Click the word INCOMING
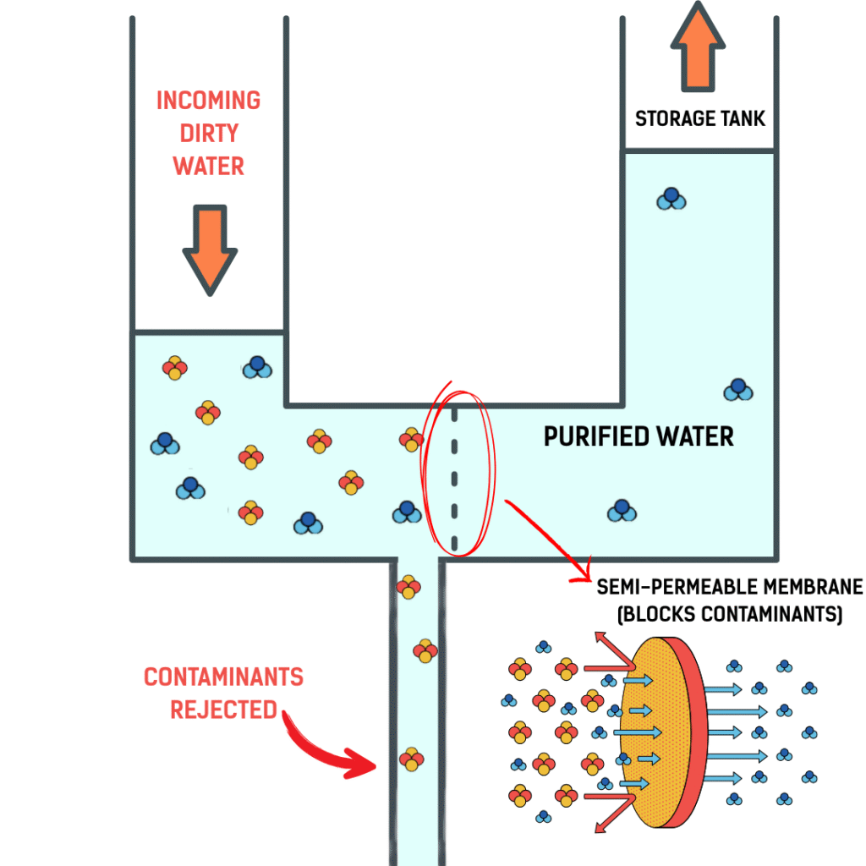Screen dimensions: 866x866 point(208,101)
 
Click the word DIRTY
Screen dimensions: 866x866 point(208,134)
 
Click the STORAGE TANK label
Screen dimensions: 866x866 point(699,118)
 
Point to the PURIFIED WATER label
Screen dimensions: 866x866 point(639,436)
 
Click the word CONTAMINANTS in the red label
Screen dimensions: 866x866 point(223,677)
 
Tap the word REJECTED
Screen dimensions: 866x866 point(223,709)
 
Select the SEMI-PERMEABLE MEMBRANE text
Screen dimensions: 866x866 point(729,587)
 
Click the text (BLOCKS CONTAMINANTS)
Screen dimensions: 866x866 point(729,615)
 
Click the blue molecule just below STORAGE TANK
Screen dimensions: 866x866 point(671,199)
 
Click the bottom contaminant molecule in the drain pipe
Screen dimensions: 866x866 point(411,759)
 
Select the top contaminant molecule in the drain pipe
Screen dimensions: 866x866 point(408,586)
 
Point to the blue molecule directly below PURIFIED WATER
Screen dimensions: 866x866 point(622,511)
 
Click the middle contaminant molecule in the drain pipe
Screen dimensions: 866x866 point(425,650)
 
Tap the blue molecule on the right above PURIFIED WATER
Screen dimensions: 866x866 point(738,389)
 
